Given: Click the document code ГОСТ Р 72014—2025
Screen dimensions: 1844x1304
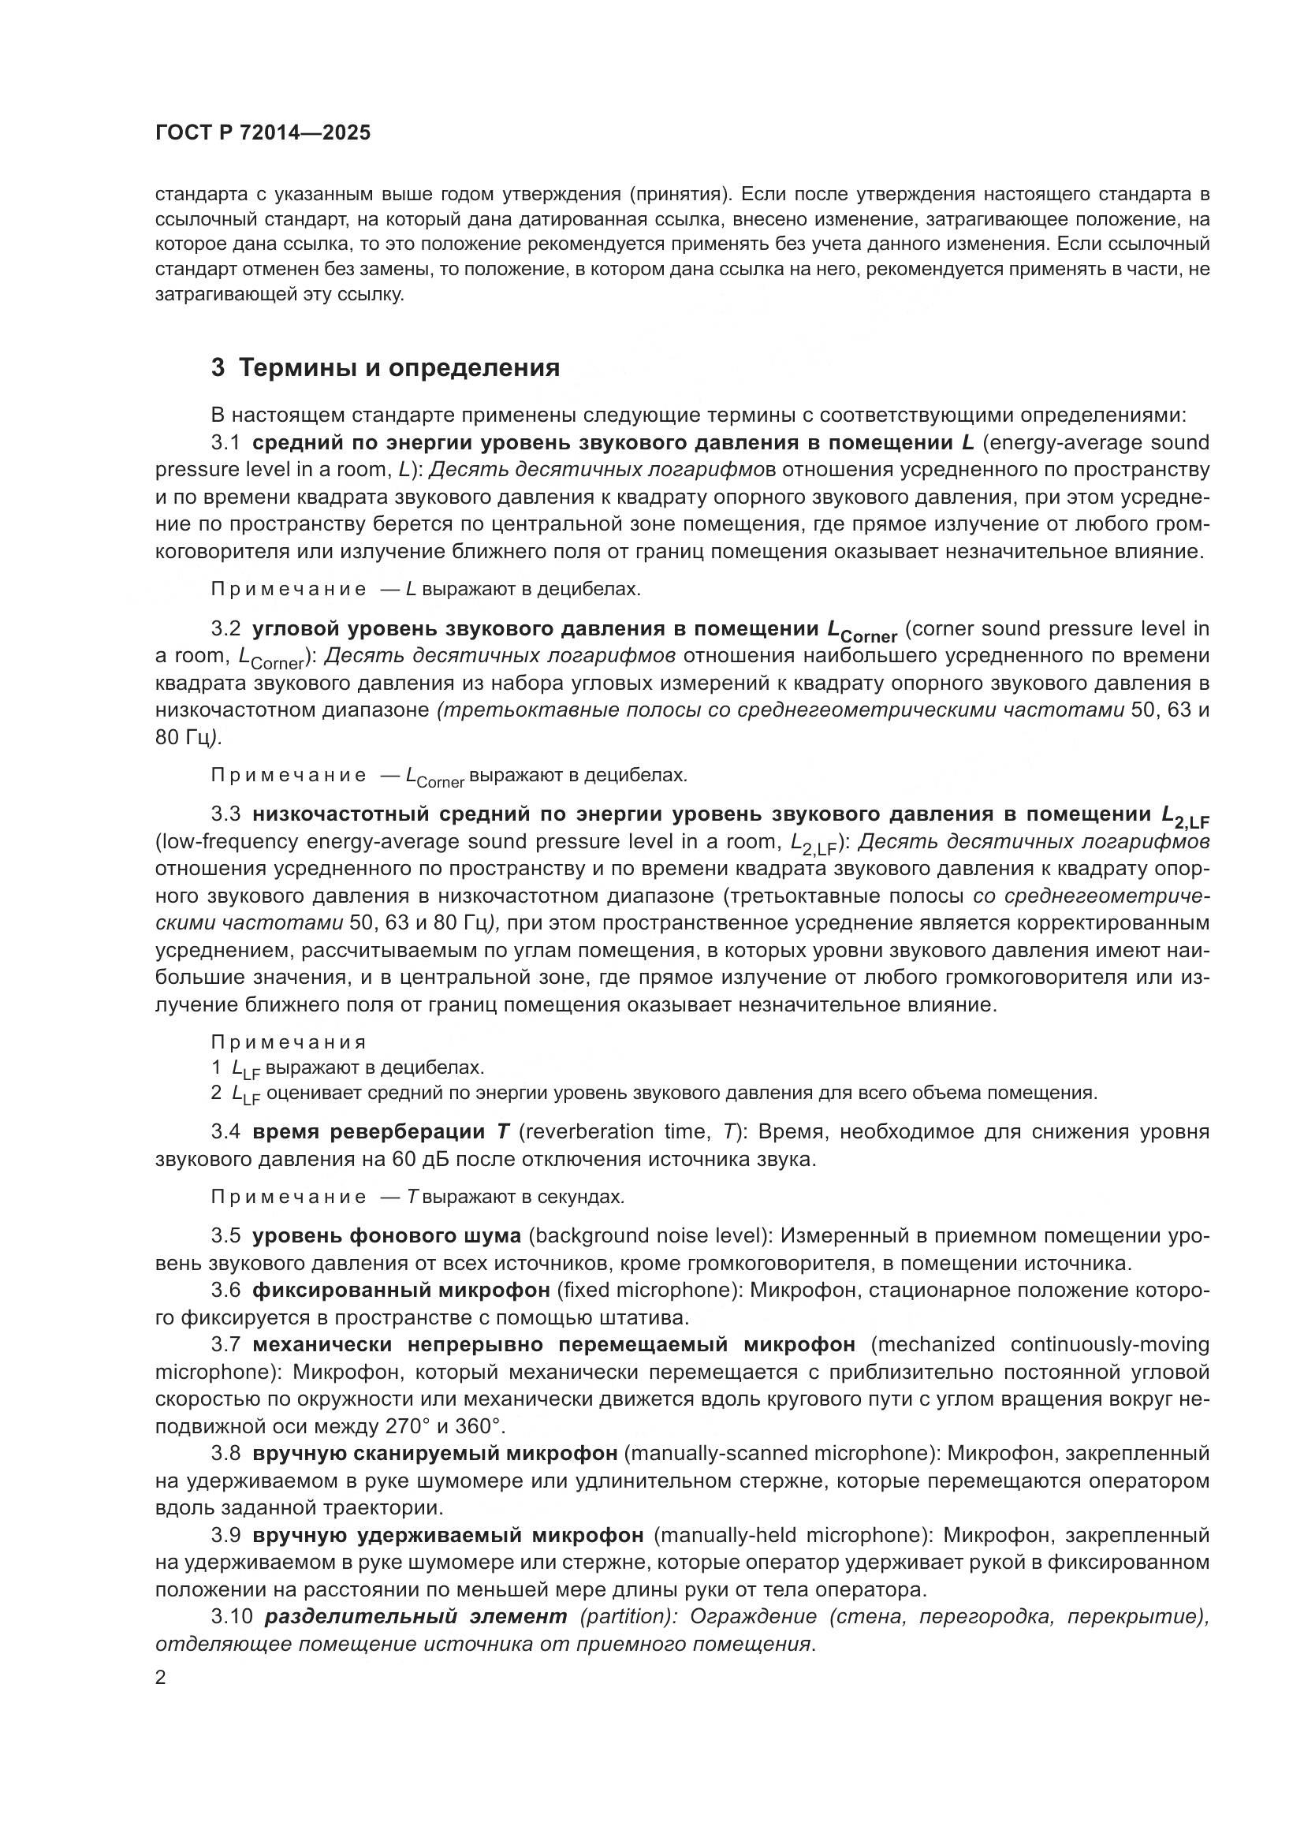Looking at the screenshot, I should pos(263,133).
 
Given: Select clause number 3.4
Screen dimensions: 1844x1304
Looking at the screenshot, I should pos(225,1132).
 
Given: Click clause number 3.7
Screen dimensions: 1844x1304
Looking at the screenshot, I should pos(225,1345).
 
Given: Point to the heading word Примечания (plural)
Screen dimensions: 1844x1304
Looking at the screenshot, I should pos(289,1042).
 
